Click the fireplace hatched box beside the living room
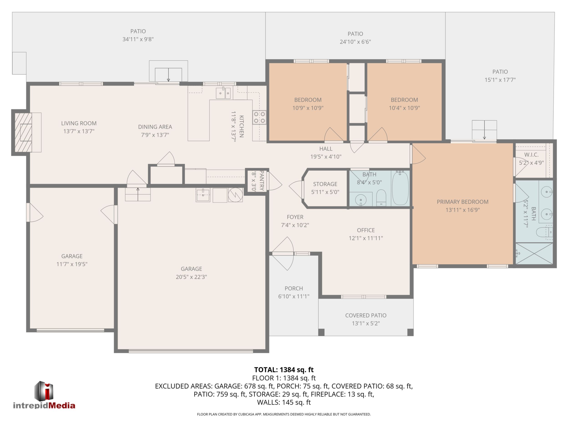[23, 132]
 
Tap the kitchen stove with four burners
[259, 117]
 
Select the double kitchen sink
[223, 93]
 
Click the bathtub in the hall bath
[400, 188]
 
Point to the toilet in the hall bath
[381, 198]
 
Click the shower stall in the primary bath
[534, 253]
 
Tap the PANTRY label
[262, 180]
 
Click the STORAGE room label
[325, 184]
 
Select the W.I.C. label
[531, 155]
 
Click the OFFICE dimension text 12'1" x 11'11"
[366, 238]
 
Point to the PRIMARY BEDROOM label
[462, 202]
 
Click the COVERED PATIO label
[366, 315]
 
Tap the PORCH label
[294, 288]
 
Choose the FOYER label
[295, 217]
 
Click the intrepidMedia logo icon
[44, 390]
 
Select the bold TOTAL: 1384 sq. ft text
[284, 370]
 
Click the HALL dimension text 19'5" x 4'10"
[326, 157]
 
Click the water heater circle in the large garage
[236, 195]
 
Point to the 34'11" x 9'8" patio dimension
[138, 39]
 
